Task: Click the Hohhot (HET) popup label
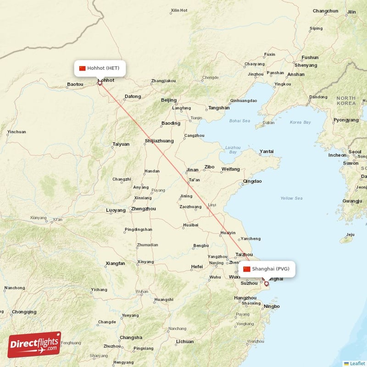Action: pyautogui.click(x=100, y=68)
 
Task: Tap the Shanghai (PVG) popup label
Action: pyautogui.click(x=267, y=269)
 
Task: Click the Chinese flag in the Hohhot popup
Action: pyautogui.click(x=83, y=68)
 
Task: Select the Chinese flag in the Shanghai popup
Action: pyautogui.click(x=247, y=269)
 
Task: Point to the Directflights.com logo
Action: pyautogui.click(x=34, y=345)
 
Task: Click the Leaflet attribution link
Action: pyautogui.click(x=357, y=363)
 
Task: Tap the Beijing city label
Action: pyautogui.click(x=169, y=100)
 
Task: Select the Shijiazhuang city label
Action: pyautogui.click(x=159, y=141)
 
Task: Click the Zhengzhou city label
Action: pyautogui.click(x=143, y=209)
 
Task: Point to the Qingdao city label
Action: pyautogui.click(x=252, y=181)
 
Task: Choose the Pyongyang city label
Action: pyautogui.click(x=346, y=120)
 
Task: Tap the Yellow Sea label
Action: pyautogui.click(x=292, y=198)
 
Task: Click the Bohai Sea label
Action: pyautogui.click(x=239, y=121)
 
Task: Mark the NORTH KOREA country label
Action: pyautogui.click(x=346, y=100)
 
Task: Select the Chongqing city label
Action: pyautogui.click(x=24, y=312)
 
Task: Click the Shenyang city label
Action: pyautogui.click(x=306, y=65)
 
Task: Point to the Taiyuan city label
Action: pyautogui.click(x=121, y=144)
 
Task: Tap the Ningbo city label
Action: pyautogui.click(x=272, y=306)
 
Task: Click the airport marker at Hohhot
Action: pyautogui.click(x=100, y=83)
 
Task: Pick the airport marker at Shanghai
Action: pyautogui.click(x=266, y=284)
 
